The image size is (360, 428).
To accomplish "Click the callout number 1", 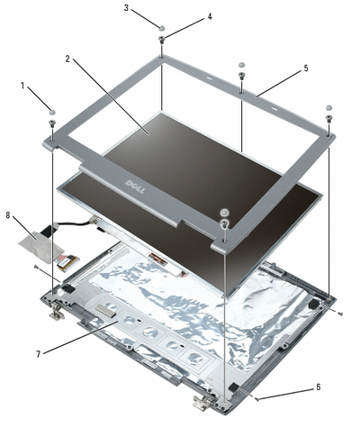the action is (x=22, y=87).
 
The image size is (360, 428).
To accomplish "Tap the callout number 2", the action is (x=67, y=59).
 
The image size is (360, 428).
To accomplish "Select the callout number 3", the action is (x=126, y=8).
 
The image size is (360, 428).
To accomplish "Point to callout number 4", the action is (x=210, y=16).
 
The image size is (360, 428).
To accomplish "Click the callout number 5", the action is (x=306, y=68).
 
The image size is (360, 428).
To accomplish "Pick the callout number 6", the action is (x=318, y=387).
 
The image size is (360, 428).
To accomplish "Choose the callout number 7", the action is (x=39, y=354).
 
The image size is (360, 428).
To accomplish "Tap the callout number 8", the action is (x=8, y=215).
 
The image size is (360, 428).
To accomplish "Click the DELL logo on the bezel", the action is (x=135, y=187).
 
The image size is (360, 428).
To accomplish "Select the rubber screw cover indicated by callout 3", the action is (x=162, y=28).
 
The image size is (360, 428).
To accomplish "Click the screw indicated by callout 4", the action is (x=162, y=40).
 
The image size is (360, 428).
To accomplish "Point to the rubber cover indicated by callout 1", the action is (x=53, y=112).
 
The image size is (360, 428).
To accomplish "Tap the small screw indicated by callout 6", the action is (x=256, y=399).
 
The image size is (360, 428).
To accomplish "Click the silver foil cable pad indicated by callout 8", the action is (x=41, y=246).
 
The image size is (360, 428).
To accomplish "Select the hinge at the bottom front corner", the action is (x=204, y=402).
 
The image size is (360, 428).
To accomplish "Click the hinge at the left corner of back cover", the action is (x=57, y=311).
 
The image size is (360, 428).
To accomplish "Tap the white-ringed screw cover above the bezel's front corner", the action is (x=224, y=213).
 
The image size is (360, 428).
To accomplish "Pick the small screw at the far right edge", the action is (x=340, y=314).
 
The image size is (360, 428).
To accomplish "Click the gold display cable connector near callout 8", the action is (x=68, y=262).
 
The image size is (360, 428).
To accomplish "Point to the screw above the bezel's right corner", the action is (x=328, y=119).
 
